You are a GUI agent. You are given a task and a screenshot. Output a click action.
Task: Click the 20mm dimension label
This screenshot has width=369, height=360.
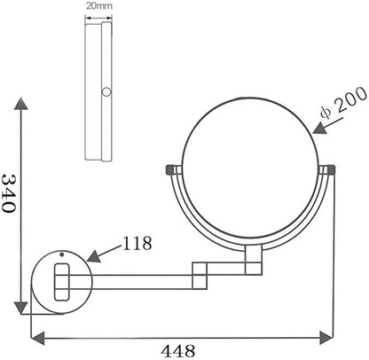[99, 6]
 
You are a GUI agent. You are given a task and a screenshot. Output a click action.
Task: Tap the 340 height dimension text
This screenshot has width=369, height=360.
[8, 193]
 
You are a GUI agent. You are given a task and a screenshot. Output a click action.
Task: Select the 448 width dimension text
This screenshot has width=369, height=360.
[178, 351]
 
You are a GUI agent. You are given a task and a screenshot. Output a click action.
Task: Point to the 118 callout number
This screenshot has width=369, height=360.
[137, 243]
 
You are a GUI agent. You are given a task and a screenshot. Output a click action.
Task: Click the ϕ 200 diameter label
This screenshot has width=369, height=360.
[343, 103]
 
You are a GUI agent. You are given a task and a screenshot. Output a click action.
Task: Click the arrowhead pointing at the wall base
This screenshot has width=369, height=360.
[95, 256]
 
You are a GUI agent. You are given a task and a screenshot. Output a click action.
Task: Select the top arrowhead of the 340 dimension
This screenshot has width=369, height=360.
[21, 103]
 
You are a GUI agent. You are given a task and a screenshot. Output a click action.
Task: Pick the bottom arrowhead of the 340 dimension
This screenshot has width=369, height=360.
[21, 309]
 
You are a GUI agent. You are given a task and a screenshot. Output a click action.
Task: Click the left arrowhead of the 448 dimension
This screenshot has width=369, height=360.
[38, 338]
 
